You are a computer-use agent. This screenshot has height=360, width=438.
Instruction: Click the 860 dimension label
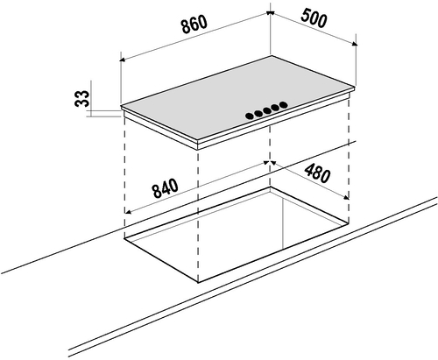(x=194, y=24)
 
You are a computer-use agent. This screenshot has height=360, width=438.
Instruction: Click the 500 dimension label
(x=314, y=18)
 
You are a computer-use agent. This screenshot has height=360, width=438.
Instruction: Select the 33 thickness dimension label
(x=81, y=98)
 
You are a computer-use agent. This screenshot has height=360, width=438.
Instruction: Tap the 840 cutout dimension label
(x=165, y=188)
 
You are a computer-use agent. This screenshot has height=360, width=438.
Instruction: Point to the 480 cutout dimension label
(x=317, y=173)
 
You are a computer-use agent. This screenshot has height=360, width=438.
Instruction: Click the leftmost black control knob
(x=250, y=116)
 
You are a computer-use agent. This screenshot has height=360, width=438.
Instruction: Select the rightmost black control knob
(x=283, y=104)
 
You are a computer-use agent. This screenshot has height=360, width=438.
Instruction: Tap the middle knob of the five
(x=266, y=110)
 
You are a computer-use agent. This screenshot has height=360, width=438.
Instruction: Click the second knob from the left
(x=258, y=113)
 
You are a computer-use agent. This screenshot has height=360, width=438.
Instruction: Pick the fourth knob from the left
(x=274, y=108)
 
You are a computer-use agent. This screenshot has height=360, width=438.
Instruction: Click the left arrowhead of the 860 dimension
(x=123, y=60)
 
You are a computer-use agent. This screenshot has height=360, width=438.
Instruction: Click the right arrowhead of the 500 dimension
(x=355, y=44)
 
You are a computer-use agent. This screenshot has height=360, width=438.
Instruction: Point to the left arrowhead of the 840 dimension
(x=127, y=211)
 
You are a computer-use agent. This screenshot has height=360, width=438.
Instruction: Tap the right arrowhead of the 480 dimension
(x=346, y=198)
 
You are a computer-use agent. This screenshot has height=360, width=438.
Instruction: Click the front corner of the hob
(x=198, y=142)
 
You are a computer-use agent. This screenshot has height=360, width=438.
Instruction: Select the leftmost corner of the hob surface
(x=121, y=107)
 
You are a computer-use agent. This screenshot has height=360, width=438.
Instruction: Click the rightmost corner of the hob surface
(x=355, y=87)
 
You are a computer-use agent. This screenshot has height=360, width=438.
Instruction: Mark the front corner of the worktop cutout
(x=199, y=283)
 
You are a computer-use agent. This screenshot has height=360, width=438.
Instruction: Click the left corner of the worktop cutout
(x=124, y=238)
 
